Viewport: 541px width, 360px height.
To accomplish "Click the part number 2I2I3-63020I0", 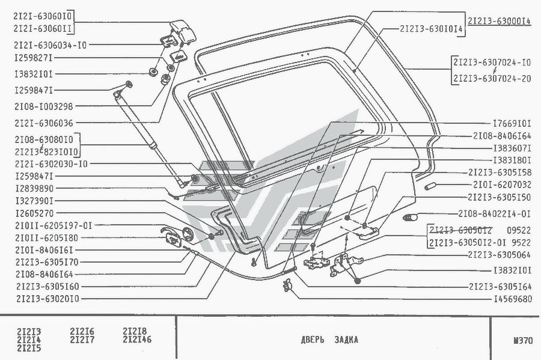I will (x=47, y=298).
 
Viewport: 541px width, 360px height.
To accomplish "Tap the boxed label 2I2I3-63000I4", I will (x=499, y=20).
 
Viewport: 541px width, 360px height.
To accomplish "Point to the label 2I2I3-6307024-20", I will (x=492, y=78).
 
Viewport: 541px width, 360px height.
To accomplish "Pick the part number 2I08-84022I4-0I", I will (x=494, y=213).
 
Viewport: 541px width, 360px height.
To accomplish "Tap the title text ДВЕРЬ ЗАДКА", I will (x=329, y=340).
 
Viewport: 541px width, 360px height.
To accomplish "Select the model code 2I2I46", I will (x=137, y=338).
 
